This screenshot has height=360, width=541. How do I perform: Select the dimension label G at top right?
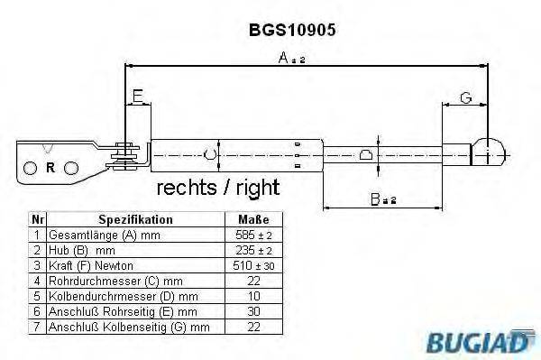465,97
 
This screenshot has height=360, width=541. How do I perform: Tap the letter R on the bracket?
50,167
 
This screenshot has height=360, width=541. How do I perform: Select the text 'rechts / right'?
218,188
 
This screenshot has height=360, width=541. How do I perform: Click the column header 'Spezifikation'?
135,219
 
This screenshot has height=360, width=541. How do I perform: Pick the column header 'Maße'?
252,219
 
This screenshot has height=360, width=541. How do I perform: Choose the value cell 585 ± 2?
252,234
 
